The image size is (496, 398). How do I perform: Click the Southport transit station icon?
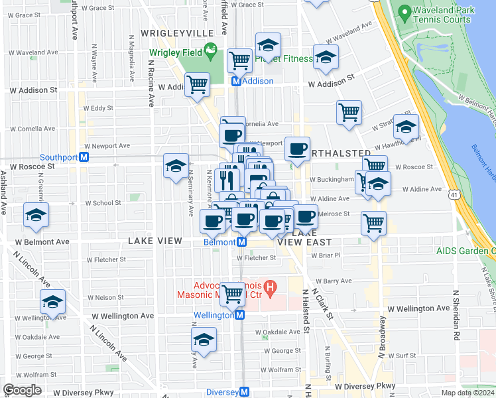(84, 157)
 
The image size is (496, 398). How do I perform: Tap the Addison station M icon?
(235, 81)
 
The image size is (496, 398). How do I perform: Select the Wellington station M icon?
(239, 315)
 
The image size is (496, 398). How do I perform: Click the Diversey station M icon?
(245, 392)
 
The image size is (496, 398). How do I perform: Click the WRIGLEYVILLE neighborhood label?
(177, 33)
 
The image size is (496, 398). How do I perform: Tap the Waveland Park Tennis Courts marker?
(403, 11)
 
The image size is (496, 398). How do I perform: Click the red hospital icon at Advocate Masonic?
(270, 288)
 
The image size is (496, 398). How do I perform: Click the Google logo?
(22, 390)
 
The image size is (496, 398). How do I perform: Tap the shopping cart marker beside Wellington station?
(232, 292)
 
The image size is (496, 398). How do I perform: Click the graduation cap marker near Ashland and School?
(36, 214)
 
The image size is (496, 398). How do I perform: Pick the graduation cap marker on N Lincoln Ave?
(52, 302)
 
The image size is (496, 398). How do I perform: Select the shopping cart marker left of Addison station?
(197, 84)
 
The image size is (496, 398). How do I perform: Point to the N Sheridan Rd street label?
(456, 315)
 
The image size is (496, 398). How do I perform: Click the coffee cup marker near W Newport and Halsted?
(298, 148)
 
